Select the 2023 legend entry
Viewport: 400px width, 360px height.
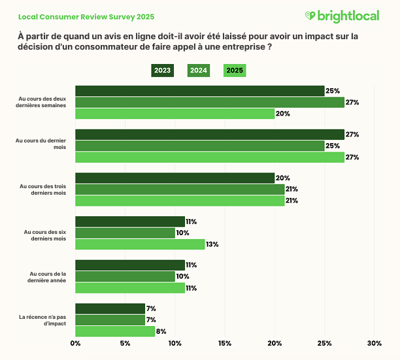[x=162, y=71]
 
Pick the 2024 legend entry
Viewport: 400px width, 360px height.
[x=199, y=71]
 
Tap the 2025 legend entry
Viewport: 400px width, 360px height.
[x=235, y=71]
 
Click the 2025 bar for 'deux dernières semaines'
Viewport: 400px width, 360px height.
[x=175, y=114]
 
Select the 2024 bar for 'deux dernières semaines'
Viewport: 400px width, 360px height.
[x=209, y=103]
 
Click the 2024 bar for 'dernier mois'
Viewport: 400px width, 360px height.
[x=199, y=146]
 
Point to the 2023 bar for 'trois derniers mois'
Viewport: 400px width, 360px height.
[x=175, y=178]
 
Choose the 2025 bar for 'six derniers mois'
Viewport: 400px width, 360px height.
[x=140, y=244]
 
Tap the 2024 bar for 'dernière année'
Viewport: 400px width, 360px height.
[x=125, y=276]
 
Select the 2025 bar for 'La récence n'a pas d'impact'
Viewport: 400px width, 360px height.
[x=115, y=331]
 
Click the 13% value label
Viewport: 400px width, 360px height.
[x=212, y=244]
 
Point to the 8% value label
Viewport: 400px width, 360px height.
[x=161, y=331]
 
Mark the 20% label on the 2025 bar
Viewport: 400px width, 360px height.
[x=283, y=114]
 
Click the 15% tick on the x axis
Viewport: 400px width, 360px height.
[x=225, y=344]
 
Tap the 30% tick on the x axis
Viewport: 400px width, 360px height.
[x=375, y=344]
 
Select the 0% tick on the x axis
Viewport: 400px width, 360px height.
[x=76, y=344]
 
